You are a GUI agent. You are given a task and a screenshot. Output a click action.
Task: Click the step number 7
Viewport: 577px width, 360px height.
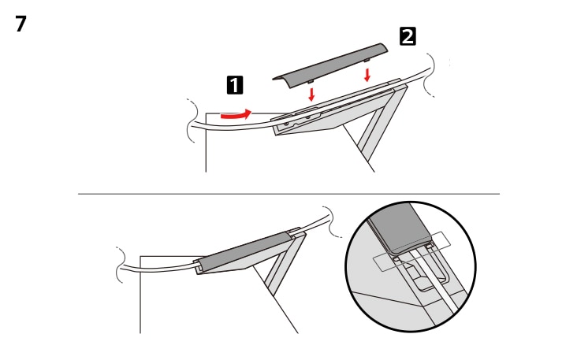[20, 24]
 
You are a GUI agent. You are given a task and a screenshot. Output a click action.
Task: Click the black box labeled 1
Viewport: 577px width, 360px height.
[234, 84]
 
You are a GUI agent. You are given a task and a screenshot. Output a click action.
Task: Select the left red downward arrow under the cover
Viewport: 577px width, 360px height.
[313, 94]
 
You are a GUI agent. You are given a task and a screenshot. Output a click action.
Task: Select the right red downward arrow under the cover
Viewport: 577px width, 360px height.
[367, 75]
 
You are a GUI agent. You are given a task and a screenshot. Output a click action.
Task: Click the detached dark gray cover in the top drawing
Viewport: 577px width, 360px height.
[331, 63]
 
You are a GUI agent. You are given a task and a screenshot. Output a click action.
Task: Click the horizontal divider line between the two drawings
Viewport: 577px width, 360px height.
[288, 193]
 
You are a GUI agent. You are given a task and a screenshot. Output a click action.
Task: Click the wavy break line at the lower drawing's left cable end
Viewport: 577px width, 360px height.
[122, 265]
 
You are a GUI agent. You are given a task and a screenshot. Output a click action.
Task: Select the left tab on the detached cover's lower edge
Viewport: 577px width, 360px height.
[311, 79]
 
